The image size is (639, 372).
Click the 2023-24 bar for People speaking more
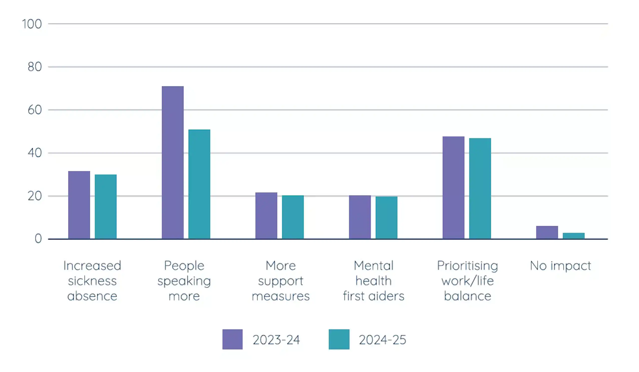[173, 162]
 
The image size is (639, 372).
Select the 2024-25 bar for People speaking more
[199, 184]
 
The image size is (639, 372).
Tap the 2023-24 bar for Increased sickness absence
[79, 205]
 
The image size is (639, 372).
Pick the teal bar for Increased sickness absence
[106, 207]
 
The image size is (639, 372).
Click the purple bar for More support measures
[266, 216]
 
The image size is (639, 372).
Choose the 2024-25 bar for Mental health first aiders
[386, 218]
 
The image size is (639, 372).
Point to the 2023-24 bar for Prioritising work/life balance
[453, 188]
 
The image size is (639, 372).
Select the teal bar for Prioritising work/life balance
[480, 189]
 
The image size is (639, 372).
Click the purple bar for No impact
[547, 232]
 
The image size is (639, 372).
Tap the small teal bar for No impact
[574, 236]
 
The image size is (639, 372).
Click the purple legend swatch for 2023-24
[233, 339]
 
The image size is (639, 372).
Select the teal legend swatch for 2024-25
[339, 339]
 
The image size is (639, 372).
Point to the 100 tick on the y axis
[32, 24]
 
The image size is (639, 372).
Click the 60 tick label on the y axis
[35, 110]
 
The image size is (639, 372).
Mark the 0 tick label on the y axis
[38, 239]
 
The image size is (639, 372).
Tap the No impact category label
[560, 266]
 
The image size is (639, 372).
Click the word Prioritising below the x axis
[468, 266]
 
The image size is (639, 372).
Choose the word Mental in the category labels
[373, 265]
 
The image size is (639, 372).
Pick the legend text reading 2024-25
[382, 340]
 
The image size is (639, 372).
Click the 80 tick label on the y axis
[35, 67]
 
